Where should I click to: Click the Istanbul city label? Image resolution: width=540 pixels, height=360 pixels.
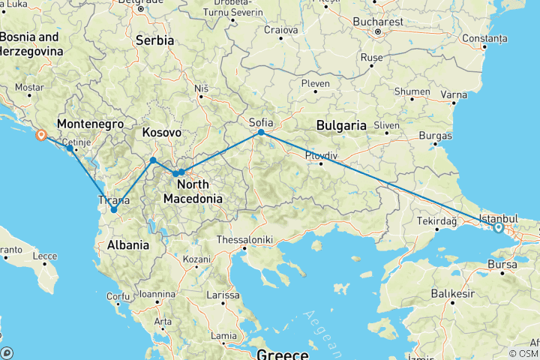click(496, 217)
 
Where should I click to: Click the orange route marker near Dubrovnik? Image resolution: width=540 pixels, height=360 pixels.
click(40, 136)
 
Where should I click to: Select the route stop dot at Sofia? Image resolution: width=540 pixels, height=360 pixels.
click(261, 133)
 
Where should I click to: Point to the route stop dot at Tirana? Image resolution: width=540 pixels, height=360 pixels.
click(114, 210)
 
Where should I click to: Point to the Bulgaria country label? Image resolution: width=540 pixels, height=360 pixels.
click(340, 124)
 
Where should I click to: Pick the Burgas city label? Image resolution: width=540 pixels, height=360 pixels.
click(436, 136)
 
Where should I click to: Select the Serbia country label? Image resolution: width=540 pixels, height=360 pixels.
click(154, 40)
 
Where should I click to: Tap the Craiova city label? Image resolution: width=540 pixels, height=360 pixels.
click(281, 30)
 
